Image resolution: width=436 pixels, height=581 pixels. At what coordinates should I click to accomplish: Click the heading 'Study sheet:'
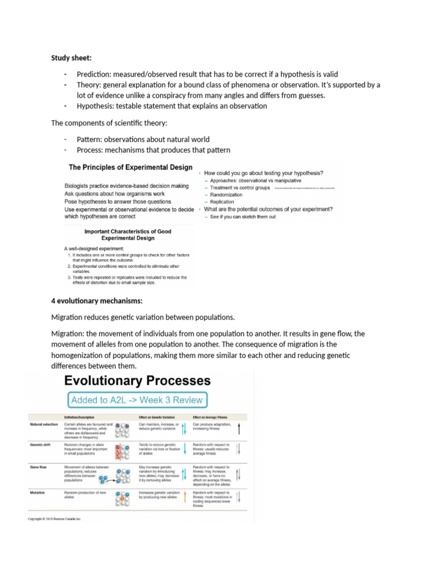pos(72,58)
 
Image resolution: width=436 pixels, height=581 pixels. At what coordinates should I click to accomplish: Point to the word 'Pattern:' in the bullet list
pos(92,140)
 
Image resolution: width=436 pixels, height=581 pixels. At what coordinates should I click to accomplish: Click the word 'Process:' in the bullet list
pos(93,150)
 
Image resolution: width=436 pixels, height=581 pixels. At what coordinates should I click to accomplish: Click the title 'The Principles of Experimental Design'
pos(131,167)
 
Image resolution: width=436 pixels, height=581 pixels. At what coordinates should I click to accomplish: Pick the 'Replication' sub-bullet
pos(222,202)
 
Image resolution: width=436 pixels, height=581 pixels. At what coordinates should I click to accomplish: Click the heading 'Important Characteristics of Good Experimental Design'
pos(128,235)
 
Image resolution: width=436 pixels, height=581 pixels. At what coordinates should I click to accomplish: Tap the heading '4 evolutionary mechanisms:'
pos(97,300)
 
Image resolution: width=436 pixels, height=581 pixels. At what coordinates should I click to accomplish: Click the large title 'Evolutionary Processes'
pos(138,381)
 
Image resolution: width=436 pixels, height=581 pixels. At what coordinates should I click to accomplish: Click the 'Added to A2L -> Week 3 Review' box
pos(136,400)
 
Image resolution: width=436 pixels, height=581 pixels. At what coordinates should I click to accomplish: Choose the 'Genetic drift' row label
pos(41,445)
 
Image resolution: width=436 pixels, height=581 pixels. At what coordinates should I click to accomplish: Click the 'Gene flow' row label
pos(39,467)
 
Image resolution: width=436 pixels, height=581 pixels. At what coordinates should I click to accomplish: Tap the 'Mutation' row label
pos(37,493)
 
